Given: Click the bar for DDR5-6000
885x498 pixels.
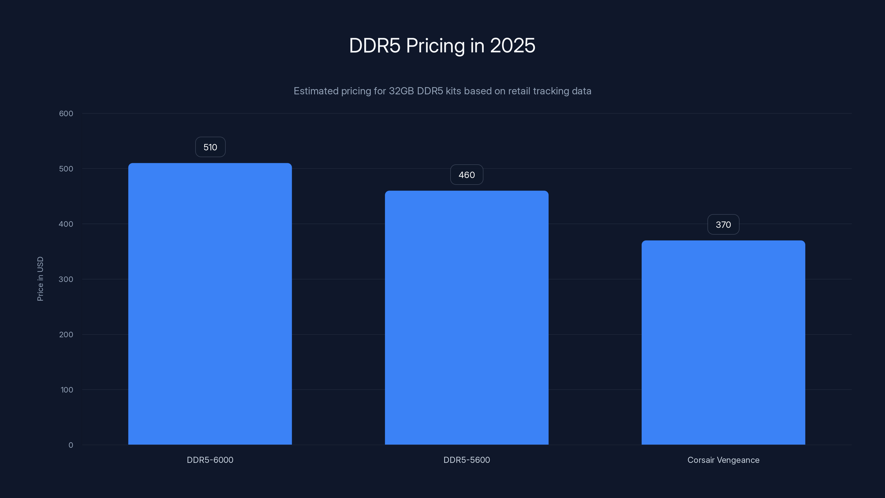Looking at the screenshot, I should point(210,304).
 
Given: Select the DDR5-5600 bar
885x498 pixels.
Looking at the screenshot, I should point(467,318).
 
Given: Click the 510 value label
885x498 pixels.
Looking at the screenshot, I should point(210,147).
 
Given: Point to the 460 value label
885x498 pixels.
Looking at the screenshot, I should point(467,175).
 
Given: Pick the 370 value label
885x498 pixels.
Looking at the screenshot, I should point(723,225).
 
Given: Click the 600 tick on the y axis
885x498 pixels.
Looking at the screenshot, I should point(66,114).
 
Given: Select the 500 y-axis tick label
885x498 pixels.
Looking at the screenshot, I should point(66,169).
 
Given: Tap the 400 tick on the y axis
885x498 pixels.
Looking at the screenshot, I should point(66,224).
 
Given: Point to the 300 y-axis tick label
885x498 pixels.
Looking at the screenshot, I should point(66,279).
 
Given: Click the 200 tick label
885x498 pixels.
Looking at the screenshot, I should point(66,335).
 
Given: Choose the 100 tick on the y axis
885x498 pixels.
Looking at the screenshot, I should point(67,390).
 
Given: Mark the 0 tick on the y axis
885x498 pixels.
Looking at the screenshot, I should point(71,445).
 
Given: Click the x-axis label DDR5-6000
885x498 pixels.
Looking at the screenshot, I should point(210,460).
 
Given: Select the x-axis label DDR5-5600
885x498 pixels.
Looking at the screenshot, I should point(467,460).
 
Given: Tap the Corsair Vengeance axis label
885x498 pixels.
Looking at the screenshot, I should point(723,460).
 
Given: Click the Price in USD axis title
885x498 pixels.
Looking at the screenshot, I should point(40,279).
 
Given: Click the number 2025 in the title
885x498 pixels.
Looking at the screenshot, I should point(512,46).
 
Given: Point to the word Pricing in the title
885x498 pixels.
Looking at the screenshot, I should point(435,46).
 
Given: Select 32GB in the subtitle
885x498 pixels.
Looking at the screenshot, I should point(401,91).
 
